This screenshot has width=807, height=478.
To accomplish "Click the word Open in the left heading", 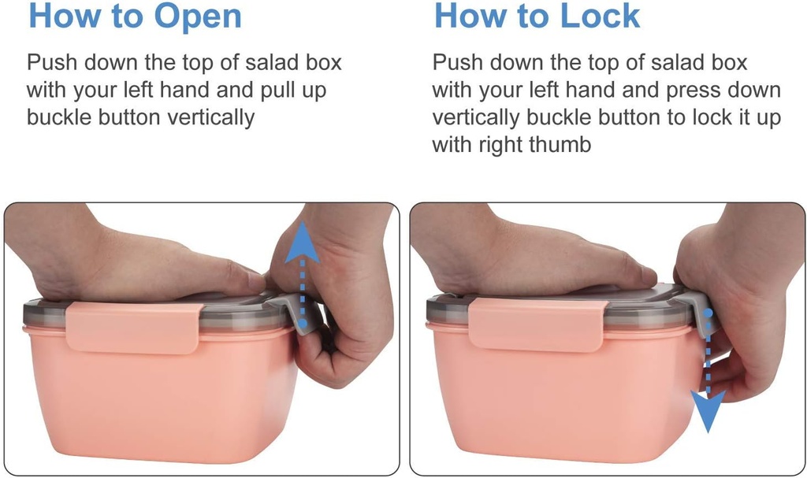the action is point(198,17).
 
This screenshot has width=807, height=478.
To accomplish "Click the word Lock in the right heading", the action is point(600,16).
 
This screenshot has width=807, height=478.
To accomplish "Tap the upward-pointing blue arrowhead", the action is point(302,243).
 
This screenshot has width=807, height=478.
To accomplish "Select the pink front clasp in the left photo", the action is point(132,328).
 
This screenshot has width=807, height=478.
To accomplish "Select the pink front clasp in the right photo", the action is point(536,324).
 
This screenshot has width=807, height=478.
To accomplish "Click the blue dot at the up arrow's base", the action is point(303,323).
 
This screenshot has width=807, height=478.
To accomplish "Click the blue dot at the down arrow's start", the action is point(708,313).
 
